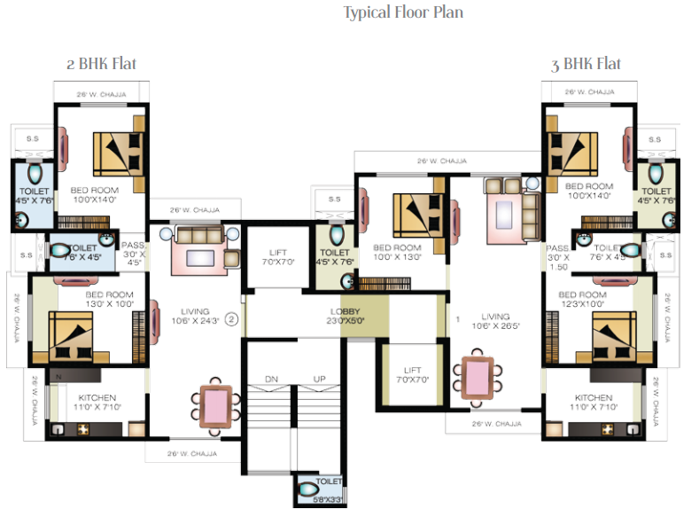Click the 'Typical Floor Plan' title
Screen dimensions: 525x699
[x=403, y=12]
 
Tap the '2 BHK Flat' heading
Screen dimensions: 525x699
[x=101, y=64]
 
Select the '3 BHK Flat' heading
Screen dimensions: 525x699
[x=585, y=64]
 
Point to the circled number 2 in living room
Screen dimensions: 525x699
[x=231, y=319]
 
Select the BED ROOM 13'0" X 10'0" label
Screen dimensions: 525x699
[x=109, y=299]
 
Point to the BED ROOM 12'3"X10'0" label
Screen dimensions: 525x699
[x=582, y=299]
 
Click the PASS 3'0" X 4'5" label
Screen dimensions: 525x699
[x=134, y=254]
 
